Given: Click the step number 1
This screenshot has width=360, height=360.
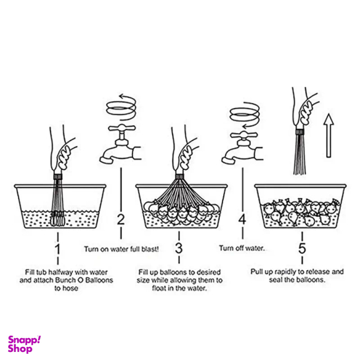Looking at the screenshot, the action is [x=57, y=249].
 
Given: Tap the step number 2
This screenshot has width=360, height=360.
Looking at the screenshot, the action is [x=121, y=219].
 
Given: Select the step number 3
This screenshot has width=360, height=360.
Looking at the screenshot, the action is [x=179, y=248].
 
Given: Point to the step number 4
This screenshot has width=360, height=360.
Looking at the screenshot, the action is [x=242, y=219].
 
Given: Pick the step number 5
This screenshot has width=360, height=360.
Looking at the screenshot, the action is [x=302, y=248].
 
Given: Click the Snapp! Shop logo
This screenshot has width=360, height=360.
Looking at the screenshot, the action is [x=24, y=344].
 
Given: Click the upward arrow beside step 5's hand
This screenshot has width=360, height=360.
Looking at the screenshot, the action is [x=329, y=136].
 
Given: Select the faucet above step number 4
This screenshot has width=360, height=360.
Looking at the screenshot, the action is [x=242, y=148].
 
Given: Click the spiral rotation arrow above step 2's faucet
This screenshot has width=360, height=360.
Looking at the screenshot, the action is [x=121, y=107].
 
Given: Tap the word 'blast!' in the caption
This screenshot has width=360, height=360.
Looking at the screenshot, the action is [x=150, y=249].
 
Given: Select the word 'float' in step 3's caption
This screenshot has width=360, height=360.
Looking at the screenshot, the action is [x=159, y=288].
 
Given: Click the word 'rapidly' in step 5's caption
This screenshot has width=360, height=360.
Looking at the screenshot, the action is [x=286, y=272].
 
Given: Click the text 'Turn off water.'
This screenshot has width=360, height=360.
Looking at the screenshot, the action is [x=242, y=248].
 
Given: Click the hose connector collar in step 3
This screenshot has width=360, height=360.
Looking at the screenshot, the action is [x=180, y=176].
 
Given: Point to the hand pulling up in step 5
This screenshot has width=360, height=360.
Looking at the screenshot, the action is [x=304, y=108].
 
